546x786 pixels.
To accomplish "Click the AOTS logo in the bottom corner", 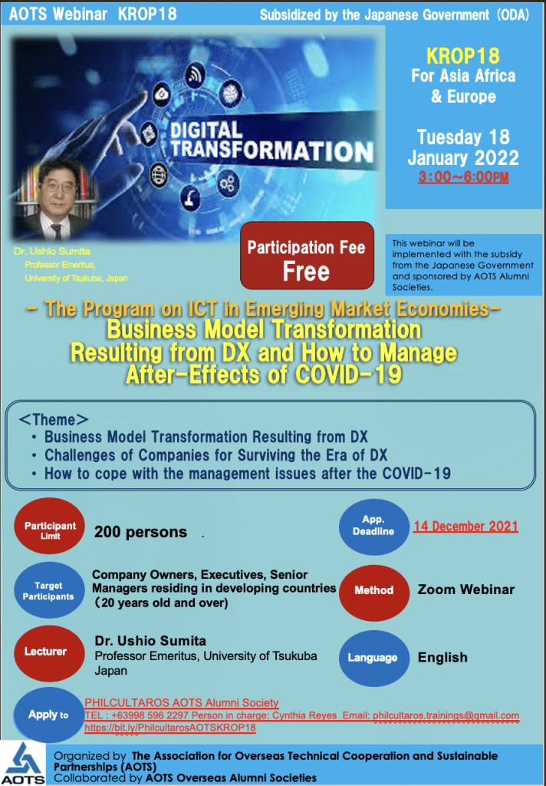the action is coord(23,763).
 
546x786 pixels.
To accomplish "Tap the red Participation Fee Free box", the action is coord(307,256).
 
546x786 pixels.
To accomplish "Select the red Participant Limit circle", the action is coord(50,527).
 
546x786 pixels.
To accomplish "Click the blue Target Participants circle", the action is coord(49,590).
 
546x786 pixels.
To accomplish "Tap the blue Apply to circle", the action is coord(49,715).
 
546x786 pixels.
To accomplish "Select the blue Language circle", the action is coord(373,658).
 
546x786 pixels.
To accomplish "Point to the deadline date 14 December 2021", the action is coord(465,527).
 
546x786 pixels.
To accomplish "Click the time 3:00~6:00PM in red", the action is coord(463,177).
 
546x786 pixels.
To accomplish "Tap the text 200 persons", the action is coord(141,532).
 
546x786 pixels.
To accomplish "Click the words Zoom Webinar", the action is coord(465,589).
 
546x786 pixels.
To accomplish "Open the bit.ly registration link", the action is coord(170,728).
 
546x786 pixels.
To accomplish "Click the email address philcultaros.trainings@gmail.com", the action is coord(446,716).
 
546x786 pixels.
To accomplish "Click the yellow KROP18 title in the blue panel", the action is coord(463,55).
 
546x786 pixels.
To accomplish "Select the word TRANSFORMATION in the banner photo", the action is coord(272,150).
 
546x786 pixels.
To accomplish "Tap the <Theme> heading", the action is coord(54,419).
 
